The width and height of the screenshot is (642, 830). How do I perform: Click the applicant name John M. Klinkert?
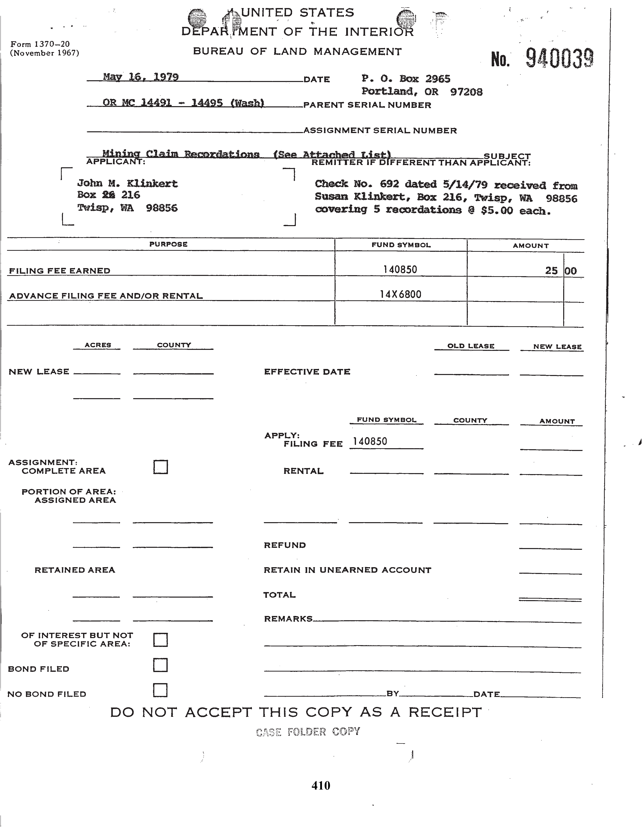pos(127,184)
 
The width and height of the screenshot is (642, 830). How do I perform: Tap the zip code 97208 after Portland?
pos(466,92)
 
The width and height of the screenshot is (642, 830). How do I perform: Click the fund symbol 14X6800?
pos(401,295)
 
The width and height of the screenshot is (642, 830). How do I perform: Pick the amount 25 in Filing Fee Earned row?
pos(551,271)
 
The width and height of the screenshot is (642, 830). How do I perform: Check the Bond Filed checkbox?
pos(160,665)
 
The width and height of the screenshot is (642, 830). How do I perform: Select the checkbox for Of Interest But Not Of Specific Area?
pos(160,640)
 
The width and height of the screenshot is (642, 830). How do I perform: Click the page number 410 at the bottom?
pos(320,785)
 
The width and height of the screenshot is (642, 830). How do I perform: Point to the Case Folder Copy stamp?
pos(308,732)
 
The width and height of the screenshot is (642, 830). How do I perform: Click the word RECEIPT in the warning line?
pos(445,712)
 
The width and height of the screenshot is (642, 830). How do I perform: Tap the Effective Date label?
pos(307,372)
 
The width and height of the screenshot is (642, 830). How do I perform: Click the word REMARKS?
pos(288,619)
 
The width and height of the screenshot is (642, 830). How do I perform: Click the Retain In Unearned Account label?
pos(347,570)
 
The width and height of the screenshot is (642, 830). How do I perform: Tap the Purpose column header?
pos(168,244)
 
